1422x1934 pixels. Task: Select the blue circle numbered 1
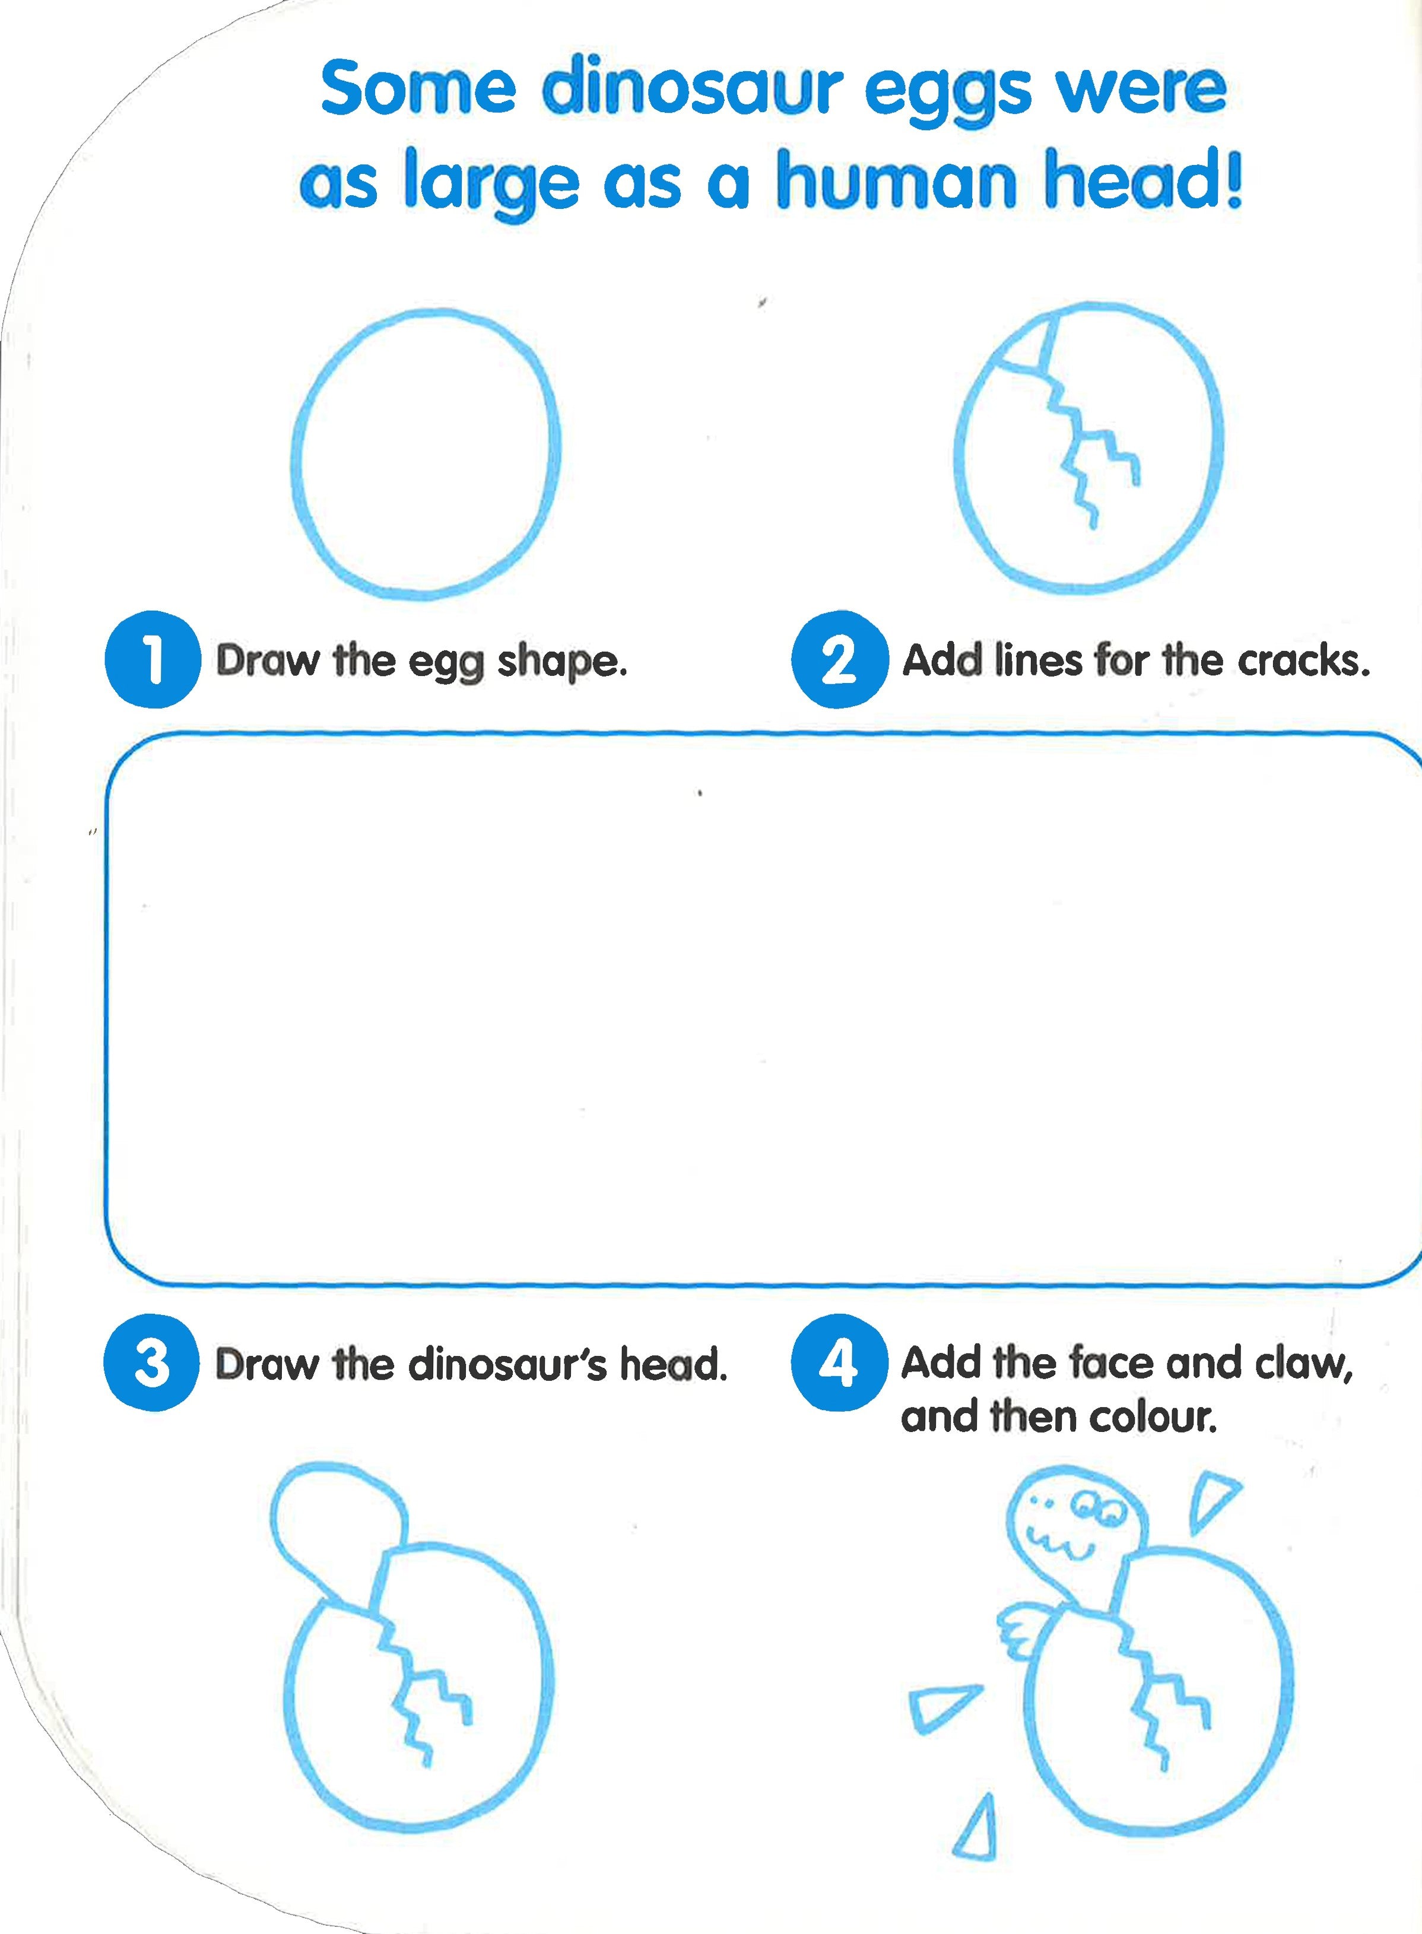point(153,660)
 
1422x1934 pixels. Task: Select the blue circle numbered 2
point(839,660)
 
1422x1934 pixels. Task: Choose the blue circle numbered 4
point(839,1363)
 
